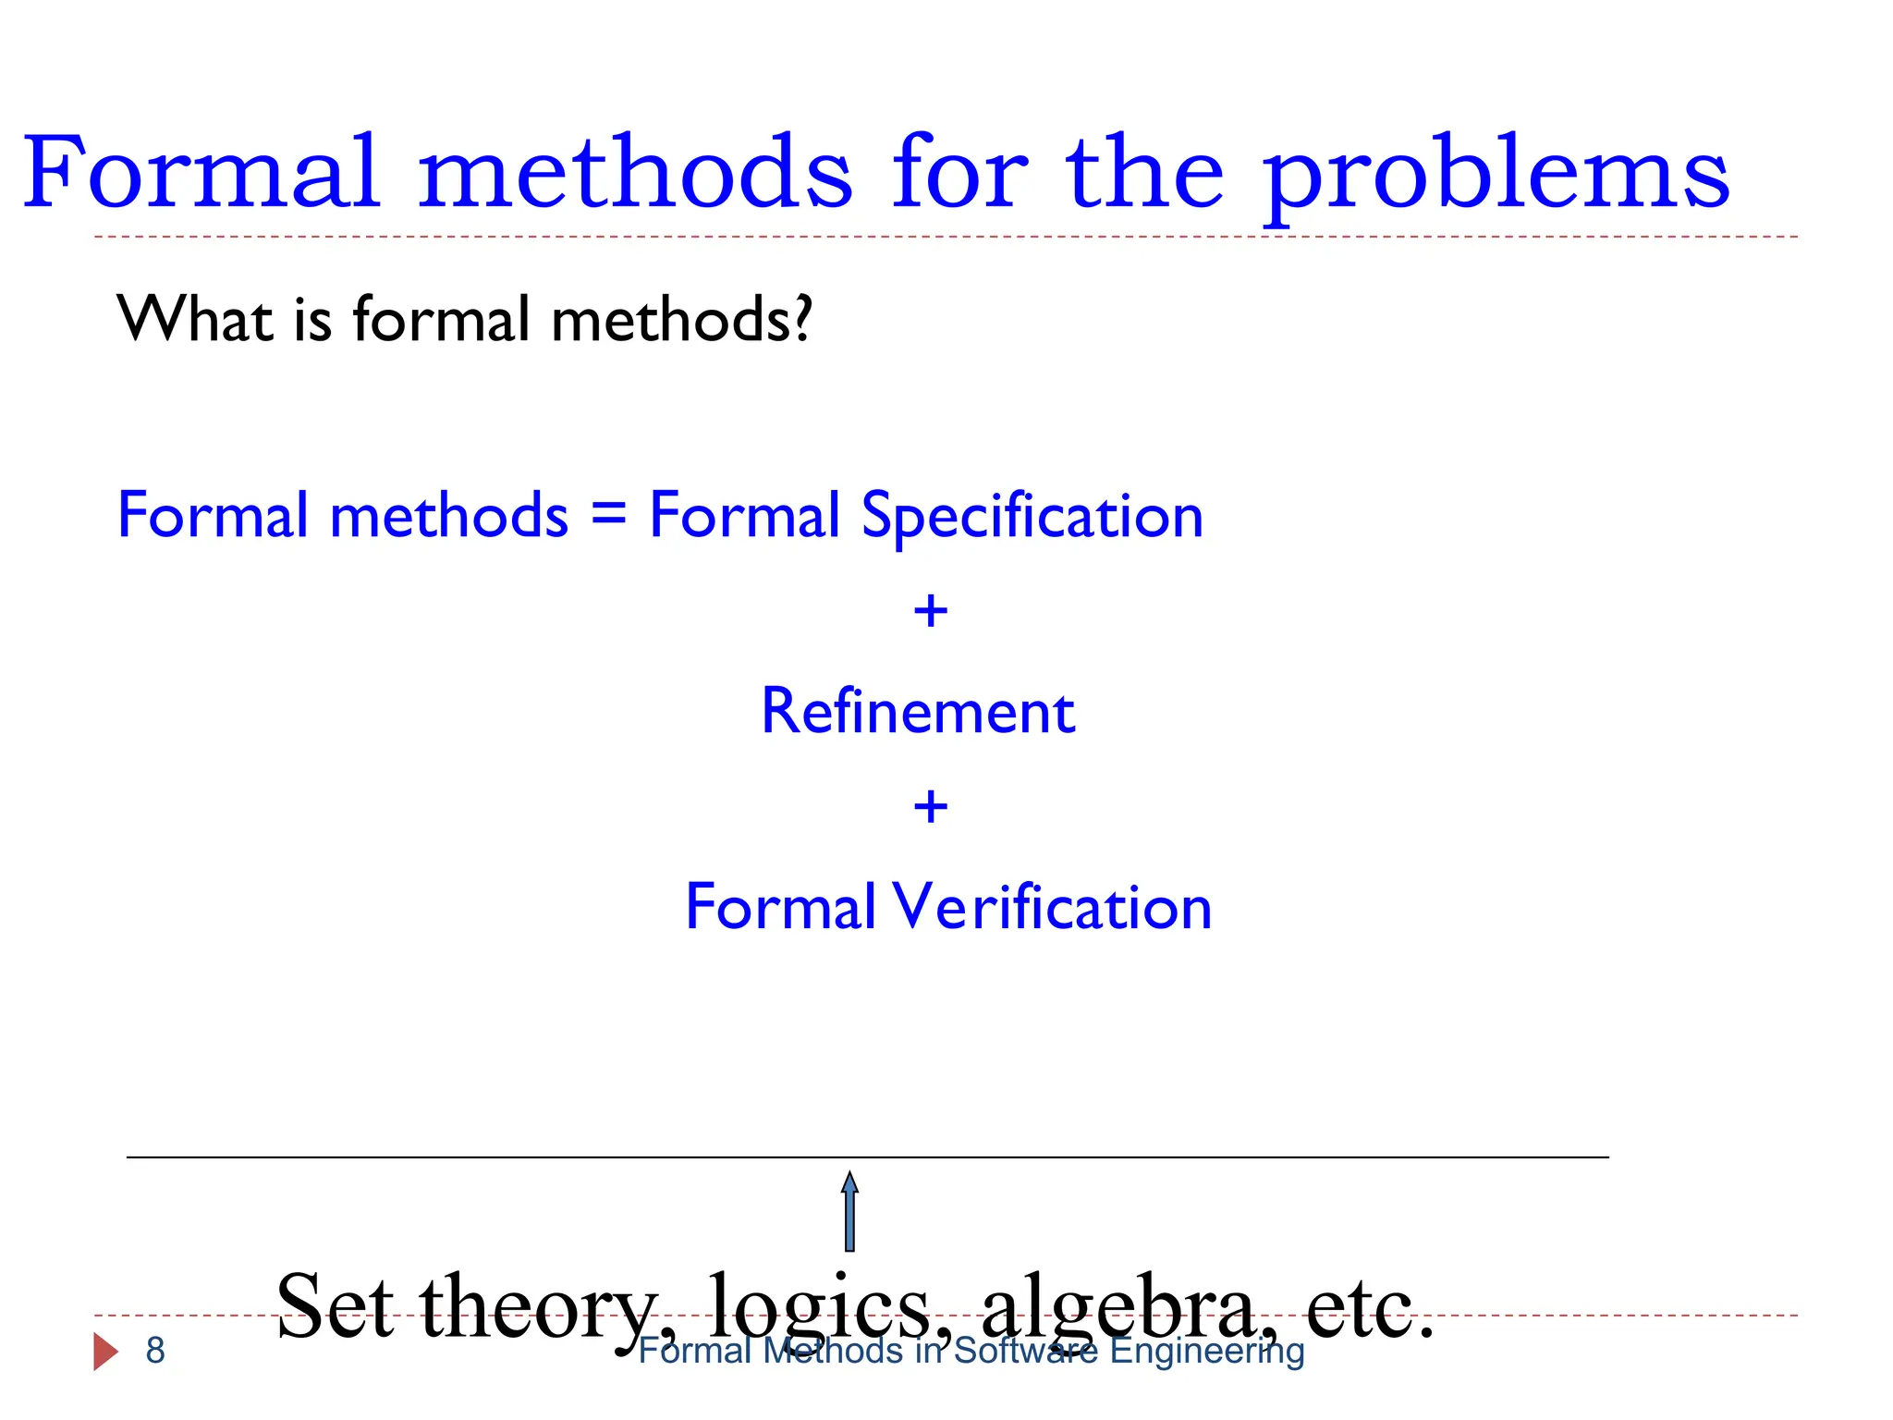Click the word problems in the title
pos(1496,176)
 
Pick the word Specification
pos(1032,516)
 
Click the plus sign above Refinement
pos(931,611)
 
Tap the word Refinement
pos(918,711)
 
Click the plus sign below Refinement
pos(931,806)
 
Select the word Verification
pos(1052,907)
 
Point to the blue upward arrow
pos(849,1211)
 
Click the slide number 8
pos(155,1351)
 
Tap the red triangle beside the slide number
pos(105,1352)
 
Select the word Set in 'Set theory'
pos(335,1306)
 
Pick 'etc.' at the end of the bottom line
pos(1370,1306)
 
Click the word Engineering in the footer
pos(1207,1352)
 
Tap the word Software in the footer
pos(1026,1352)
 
